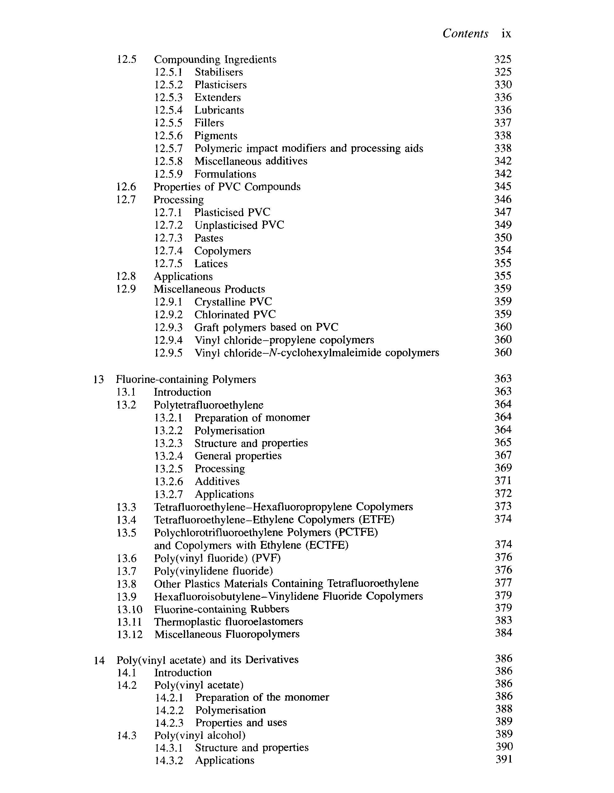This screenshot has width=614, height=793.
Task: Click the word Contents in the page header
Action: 465,33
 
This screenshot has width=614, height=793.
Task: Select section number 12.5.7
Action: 168,148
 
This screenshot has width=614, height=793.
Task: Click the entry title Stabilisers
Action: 218,72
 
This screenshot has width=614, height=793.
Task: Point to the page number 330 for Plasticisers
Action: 503,85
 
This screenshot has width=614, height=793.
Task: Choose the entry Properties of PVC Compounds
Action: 227,187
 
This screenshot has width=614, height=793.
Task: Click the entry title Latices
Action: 211,264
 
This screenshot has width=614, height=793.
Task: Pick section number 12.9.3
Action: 168,328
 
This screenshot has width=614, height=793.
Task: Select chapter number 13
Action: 98,380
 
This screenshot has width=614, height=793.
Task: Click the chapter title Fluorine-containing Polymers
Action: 186,380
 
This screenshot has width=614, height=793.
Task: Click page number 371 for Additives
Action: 503,481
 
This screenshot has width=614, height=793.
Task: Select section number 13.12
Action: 130,634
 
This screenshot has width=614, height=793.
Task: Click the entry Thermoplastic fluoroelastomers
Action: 228,622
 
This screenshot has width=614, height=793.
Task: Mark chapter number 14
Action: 99,660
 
